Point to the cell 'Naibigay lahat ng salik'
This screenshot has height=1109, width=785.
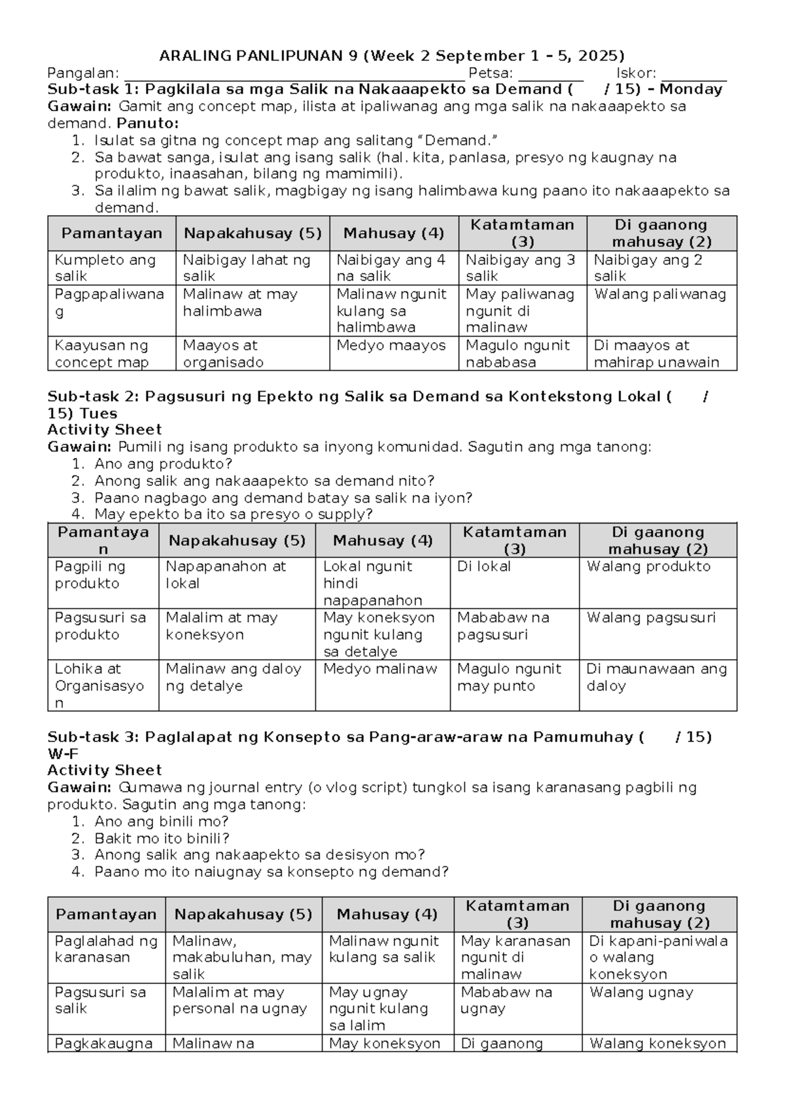click(247, 268)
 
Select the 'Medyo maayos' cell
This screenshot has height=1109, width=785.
click(391, 346)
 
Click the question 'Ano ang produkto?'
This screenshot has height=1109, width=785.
click(163, 464)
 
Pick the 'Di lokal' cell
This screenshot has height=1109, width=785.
click(483, 567)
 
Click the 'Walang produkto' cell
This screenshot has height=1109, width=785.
click(648, 567)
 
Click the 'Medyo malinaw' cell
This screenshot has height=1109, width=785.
click(380, 670)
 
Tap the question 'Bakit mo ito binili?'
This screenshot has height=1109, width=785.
click(162, 838)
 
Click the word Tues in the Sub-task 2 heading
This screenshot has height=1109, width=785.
click(98, 414)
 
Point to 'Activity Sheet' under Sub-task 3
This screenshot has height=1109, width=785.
click(105, 770)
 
